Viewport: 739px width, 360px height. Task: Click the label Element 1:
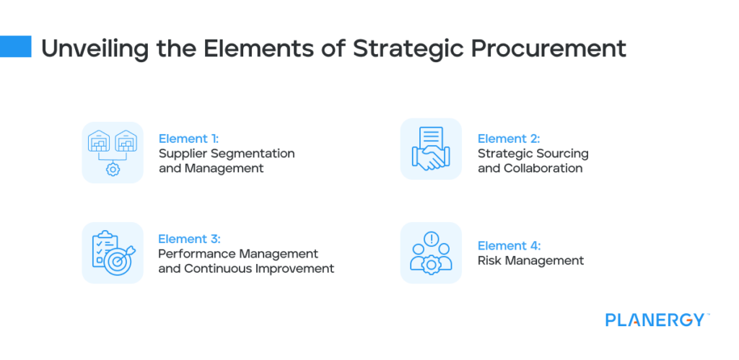[x=188, y=139]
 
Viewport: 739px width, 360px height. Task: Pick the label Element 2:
[x=509, y=139]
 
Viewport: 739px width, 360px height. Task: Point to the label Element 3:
[x=189, y=239]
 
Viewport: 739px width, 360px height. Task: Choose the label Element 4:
[x=509, y=245]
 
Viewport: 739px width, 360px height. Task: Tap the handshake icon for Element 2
[x=431, y=149]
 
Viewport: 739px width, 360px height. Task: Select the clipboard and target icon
[x=113, y=253]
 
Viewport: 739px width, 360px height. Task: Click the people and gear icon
[x=431, y=253]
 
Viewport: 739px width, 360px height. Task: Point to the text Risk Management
[x=530, y=260]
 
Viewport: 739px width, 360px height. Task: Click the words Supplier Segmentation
[x=227, y=154]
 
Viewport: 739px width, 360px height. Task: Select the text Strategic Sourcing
[x=533, y=154]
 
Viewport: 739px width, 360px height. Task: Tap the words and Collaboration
[x=530, y=168]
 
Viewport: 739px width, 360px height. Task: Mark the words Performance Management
[x=238, y=254]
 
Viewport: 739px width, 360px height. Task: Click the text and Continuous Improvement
[x=246, y=268]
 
